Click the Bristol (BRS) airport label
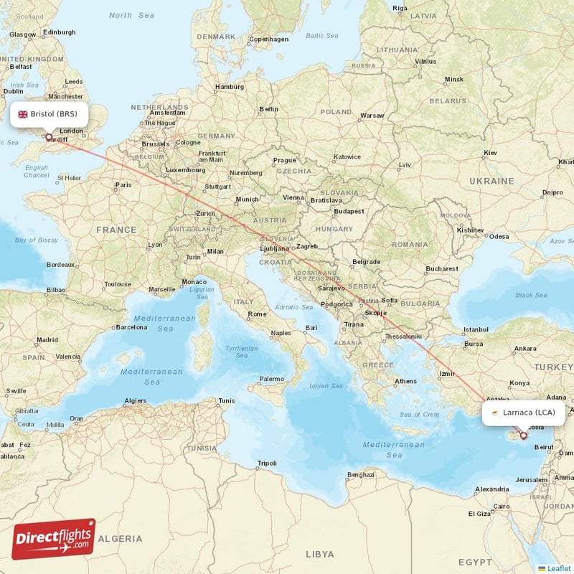(48, 114)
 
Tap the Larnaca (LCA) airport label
(523, 413)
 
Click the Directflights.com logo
(54, 539)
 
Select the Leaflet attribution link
(559, 568)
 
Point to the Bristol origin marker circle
(49, 136)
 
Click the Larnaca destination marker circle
(523, 436)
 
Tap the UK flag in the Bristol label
(23, 114)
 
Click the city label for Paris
(123, 185)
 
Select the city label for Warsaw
(372, 115)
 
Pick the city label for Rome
(257, 314)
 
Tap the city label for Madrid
(47, 339)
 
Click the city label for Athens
(405, 381)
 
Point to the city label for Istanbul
(476, 329)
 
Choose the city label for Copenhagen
(268, 39)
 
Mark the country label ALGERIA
(120, 538)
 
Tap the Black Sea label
(530, 295)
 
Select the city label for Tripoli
(267, 463)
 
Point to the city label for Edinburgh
(59, 32)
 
